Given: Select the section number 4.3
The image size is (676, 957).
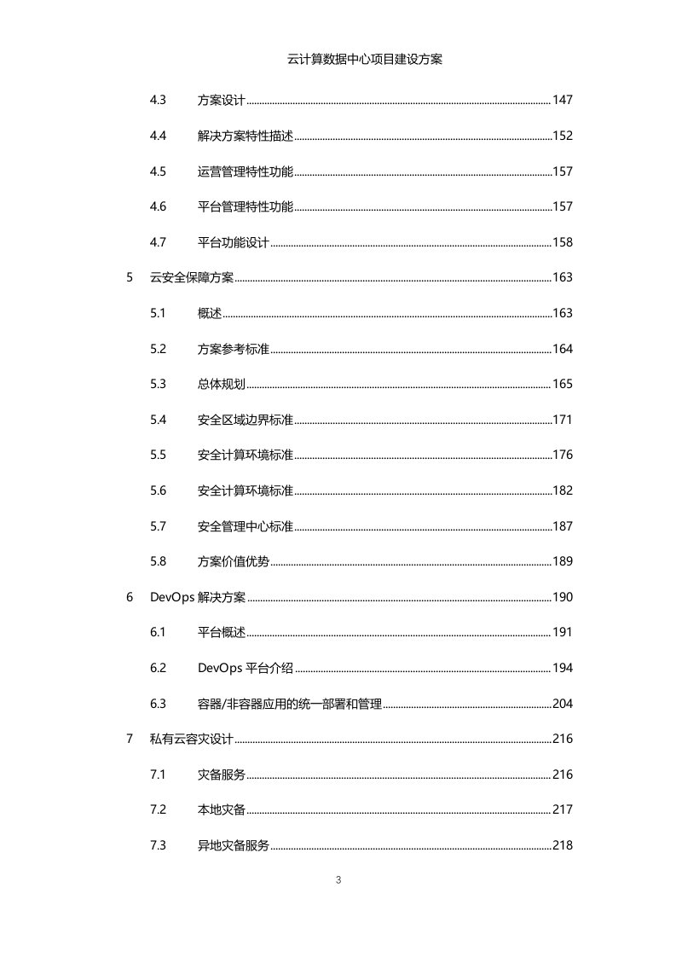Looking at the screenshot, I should coord(158,101).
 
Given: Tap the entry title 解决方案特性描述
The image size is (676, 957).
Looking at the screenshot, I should coord(246,136).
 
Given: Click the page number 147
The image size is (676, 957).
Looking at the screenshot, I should coord(563,101).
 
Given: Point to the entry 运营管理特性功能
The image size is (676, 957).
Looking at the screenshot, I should coord(246,171).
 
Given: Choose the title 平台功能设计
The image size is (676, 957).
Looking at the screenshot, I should coord(234,242).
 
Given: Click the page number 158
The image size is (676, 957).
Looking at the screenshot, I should coord(563,242).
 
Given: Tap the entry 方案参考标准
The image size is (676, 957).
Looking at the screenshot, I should coord(234,349).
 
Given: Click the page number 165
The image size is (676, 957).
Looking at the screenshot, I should coord(563,384).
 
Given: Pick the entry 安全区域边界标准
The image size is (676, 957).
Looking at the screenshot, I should coord(246,420).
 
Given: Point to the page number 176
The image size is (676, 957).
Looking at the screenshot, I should coord(563,455).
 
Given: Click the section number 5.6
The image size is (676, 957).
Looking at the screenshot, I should coord(158,490).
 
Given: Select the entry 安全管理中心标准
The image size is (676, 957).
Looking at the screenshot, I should coord(246,526).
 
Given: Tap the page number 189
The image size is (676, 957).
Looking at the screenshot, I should coord(563,561).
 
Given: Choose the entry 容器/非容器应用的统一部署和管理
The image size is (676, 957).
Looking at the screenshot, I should coord(289,704).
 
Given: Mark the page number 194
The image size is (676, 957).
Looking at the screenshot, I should coord(563,668).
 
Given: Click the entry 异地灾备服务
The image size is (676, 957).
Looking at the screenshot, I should coord(234,845).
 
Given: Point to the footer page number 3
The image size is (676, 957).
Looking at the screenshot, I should coord(338,879).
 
